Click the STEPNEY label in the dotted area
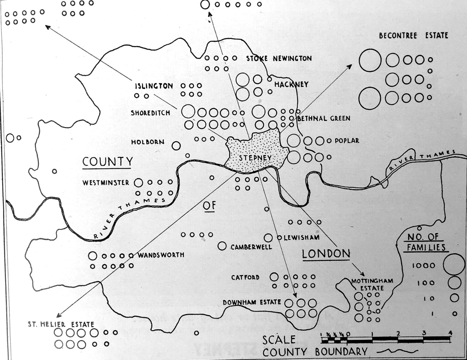point(255,158)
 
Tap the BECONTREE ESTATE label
point(413,36)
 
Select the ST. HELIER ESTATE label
point(61,324)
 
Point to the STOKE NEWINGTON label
point(279,58)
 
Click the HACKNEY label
point(291,84)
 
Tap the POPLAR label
point(347,141)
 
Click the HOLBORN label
point(148,142)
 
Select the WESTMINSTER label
point(106,183)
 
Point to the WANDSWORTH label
point(161,255)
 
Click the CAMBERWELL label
point(251,247)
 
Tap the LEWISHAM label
point(301,237)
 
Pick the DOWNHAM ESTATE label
point(252,302)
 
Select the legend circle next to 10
point(455,298)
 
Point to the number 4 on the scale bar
point(450,333)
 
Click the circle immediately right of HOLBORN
point(176,146)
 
